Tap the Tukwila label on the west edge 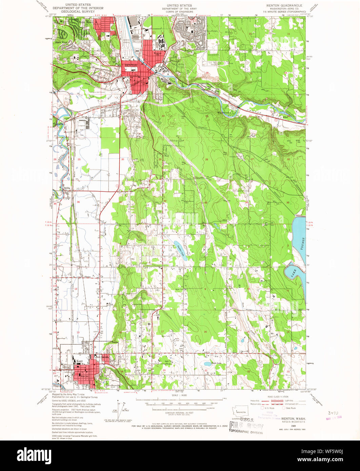click(x=58, y=124)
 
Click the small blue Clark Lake click(x=207, y=364)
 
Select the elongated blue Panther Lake click(x=179, y=250)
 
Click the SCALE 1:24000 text click(x=179, y=395)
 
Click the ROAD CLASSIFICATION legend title click(x=278, y=396)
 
